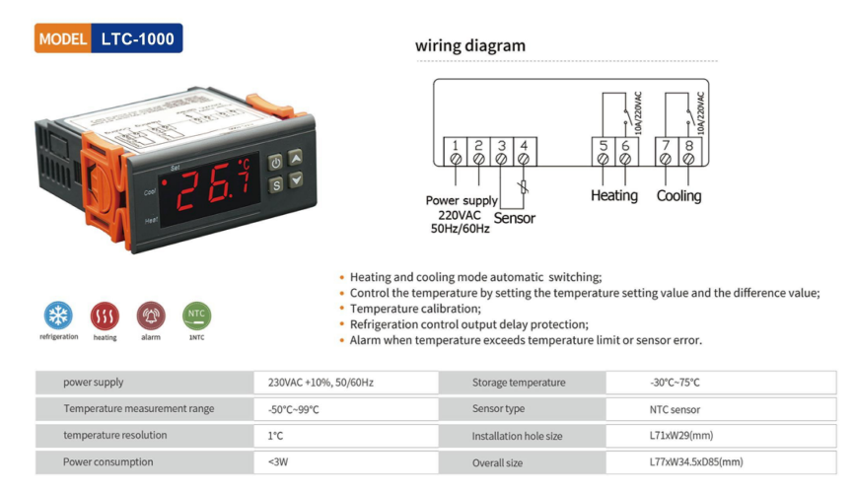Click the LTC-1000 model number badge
pos(137,39)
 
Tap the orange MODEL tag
pos(63,39)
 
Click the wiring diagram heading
pos(469,45)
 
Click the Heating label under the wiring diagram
pos(613,195)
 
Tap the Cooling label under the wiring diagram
pos(678,195)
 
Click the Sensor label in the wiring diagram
pos(514,218)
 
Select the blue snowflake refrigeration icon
pos(58,316)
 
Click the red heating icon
pos(105,316)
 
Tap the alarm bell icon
pos(151,316)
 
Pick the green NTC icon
pos(197,316)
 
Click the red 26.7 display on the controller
pos(213,186)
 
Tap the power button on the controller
pos(276,162)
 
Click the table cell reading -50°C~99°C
pos(293,409)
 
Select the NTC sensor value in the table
pos(668,409)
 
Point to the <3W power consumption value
pos(277,461)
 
